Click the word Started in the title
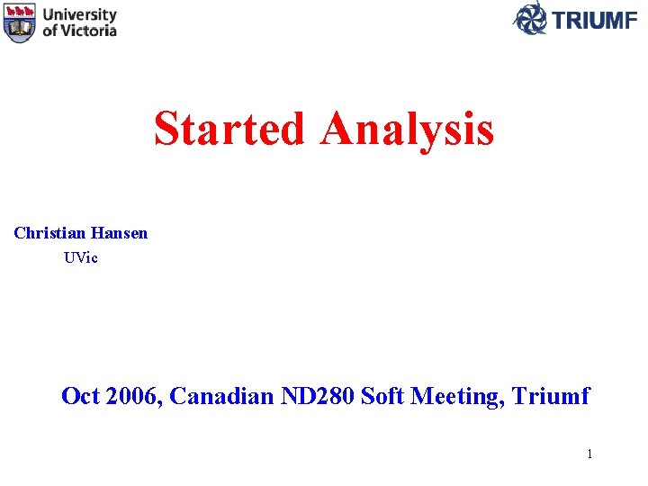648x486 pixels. click(x=229, y=129)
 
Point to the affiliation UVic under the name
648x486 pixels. click(x=81, y=257)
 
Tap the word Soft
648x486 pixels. click(x=382, y=395)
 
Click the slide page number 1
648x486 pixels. click(x=589, y=454)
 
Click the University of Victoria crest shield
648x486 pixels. click(x=20, y=22)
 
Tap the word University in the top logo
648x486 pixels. click(x=79, y=15)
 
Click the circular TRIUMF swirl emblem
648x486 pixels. click(x=529, y=18)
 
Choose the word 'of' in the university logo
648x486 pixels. click(x=50, y=30)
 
